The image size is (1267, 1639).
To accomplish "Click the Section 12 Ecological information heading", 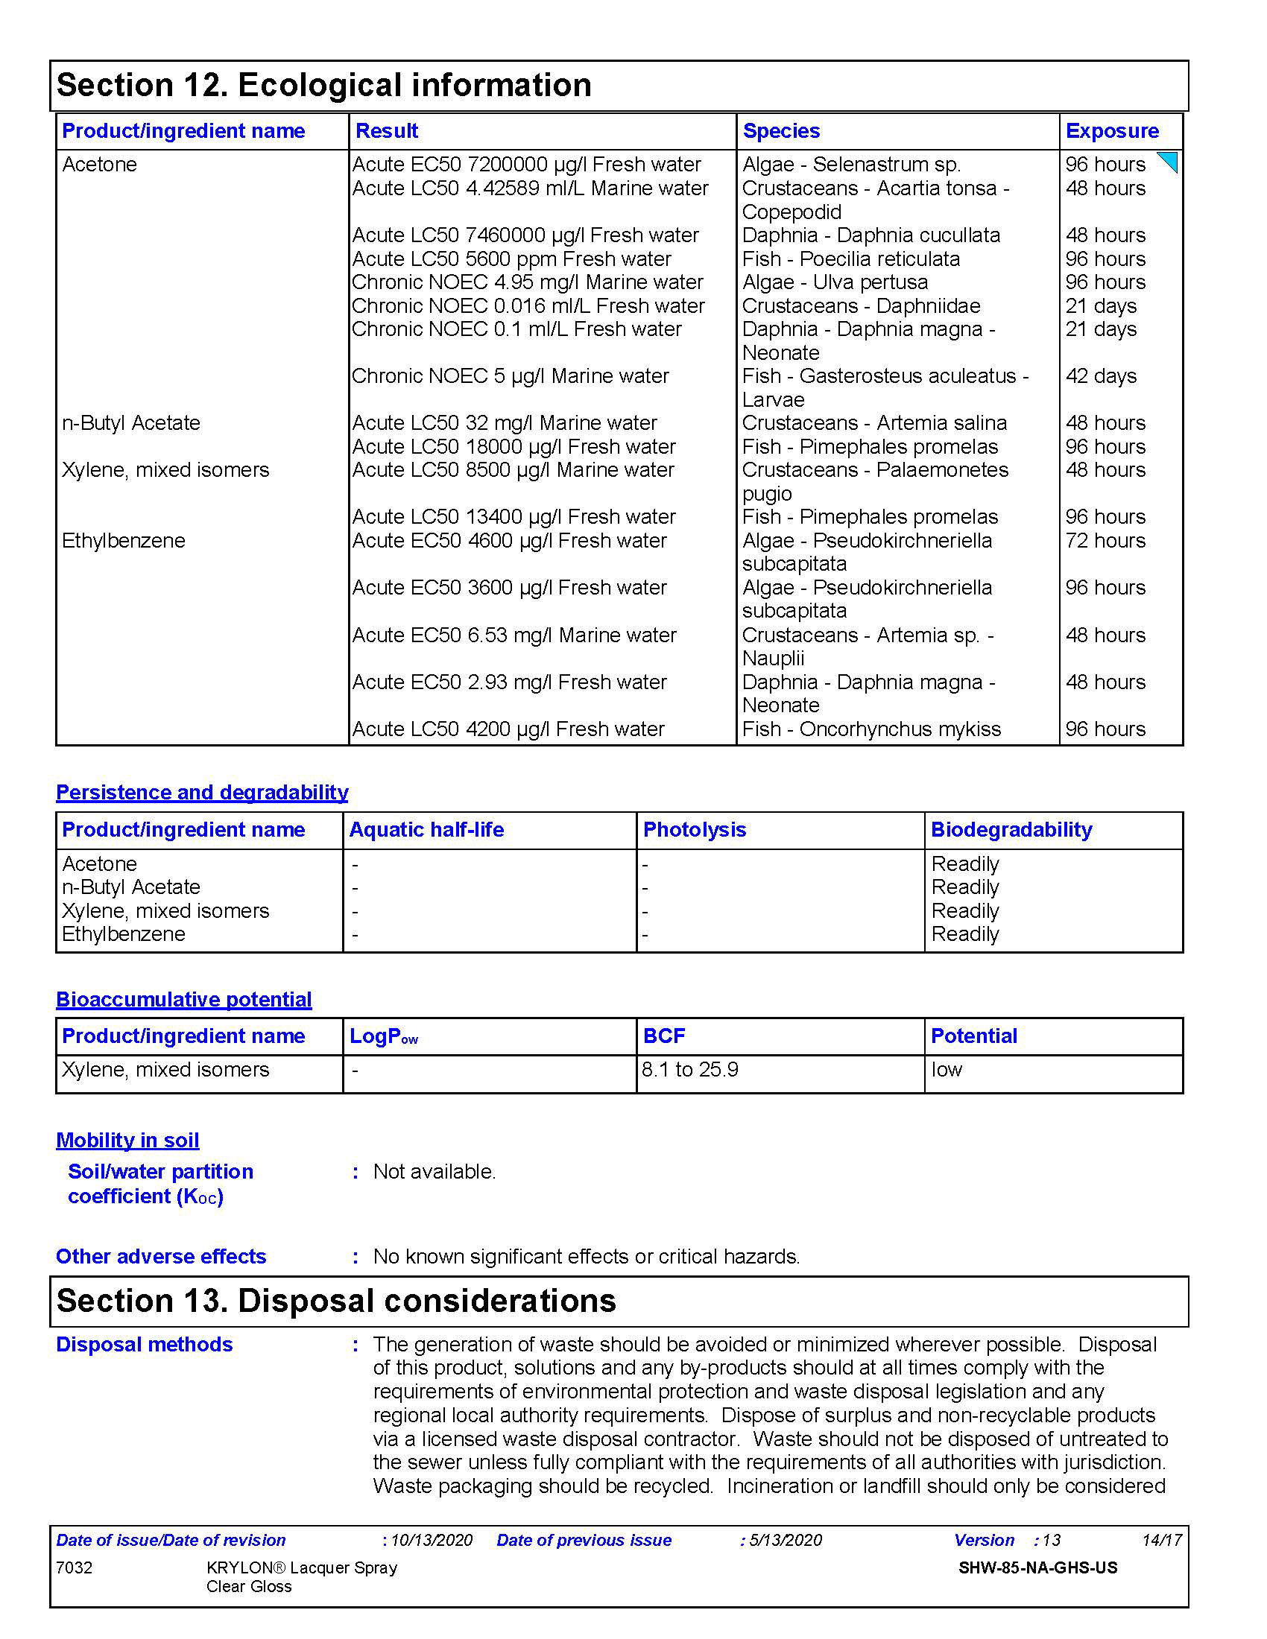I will (323, 85).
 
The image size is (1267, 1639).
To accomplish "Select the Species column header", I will (780, 130).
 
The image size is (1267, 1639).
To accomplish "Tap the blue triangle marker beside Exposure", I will (1169, 161).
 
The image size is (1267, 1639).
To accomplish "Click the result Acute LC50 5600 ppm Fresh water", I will (511, 259).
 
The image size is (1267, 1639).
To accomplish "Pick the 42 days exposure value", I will (1100, 376).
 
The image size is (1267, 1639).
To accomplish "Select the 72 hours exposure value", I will (1105, 540).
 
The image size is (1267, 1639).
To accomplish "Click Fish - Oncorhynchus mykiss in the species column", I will (871, 729).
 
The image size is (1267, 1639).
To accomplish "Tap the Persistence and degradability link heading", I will (202, 793).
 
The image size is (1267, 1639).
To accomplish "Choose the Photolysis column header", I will (695, 829).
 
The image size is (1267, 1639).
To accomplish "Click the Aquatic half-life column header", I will (426, 829).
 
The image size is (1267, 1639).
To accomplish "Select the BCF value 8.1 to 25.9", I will (690, 1069).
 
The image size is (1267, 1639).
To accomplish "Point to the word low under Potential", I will (947, 1069).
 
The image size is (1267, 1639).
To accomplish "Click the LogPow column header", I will (384, 1036).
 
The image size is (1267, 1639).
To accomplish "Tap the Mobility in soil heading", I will (127, 1140).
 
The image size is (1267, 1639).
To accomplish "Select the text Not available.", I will (435, 1171).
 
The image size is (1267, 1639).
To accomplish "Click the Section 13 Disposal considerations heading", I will (336, 1301).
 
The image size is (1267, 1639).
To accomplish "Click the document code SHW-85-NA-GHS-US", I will (1037, 1567).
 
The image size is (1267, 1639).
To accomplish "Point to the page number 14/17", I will (1161, 1540).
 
